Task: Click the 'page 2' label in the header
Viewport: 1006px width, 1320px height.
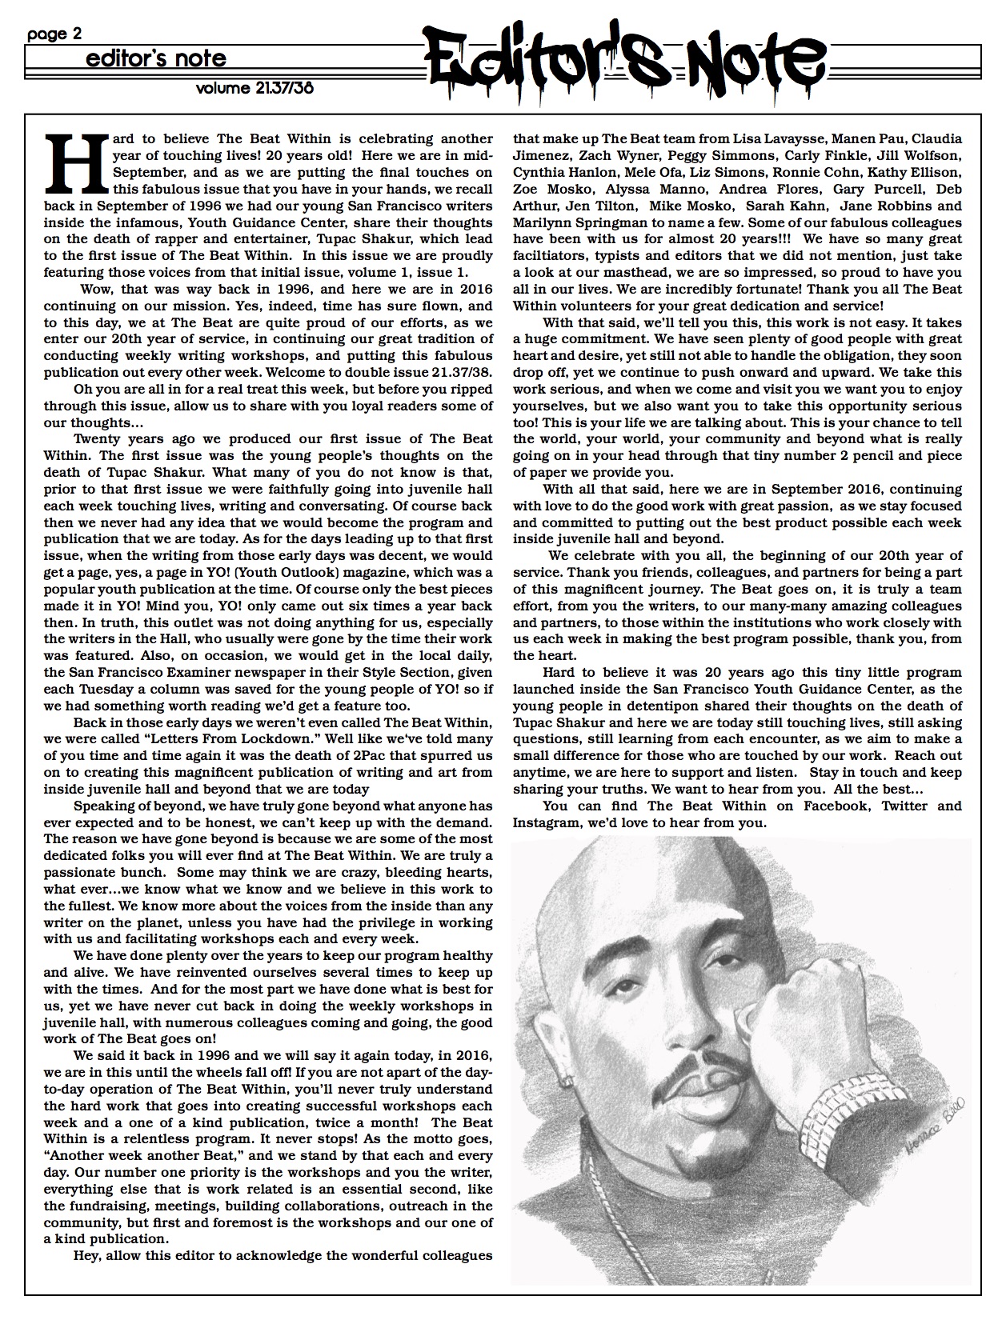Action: [54, 34]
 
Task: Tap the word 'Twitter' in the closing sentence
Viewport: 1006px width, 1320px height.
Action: [904, 806]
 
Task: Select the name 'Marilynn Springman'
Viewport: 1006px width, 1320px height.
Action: [576, 222]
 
